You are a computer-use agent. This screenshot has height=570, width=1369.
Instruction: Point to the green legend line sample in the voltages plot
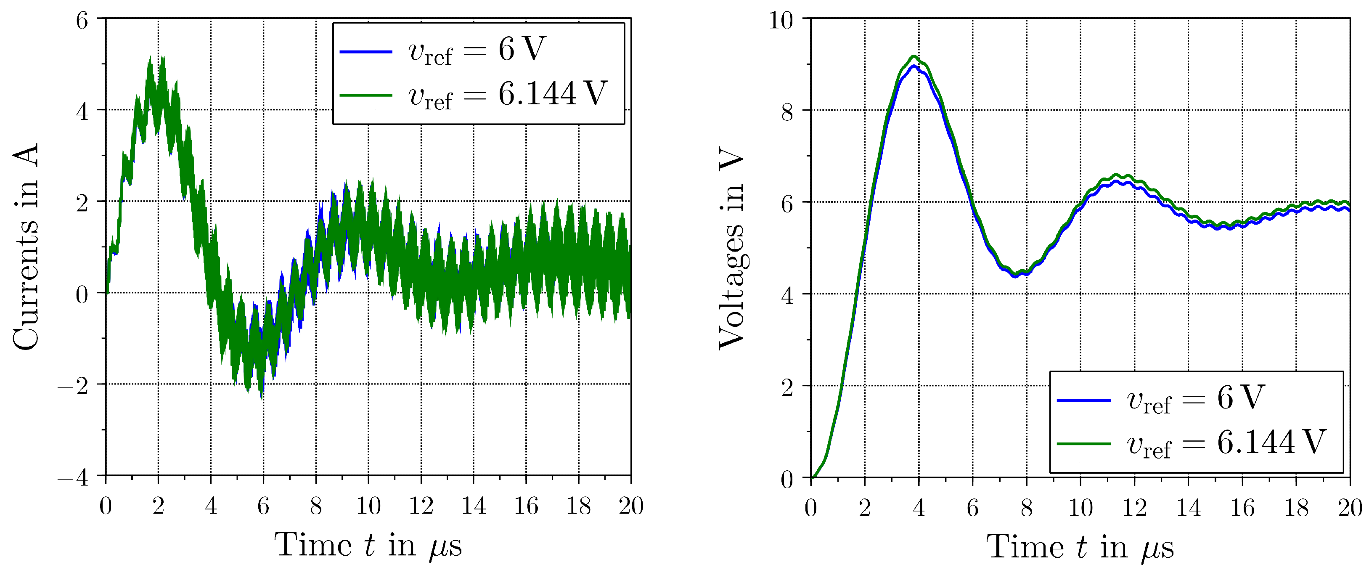click(1083, 443)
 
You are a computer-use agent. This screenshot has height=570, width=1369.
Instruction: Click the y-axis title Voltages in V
click(732, 248)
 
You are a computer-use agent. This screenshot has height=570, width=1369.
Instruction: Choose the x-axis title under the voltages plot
click(1080, 548)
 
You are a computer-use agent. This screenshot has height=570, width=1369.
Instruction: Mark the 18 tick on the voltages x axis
click(1296, 508)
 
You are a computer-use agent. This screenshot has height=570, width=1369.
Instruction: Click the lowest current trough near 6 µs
click(262, 396)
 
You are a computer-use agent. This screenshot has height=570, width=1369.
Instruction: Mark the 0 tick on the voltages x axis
click(810, 508)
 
